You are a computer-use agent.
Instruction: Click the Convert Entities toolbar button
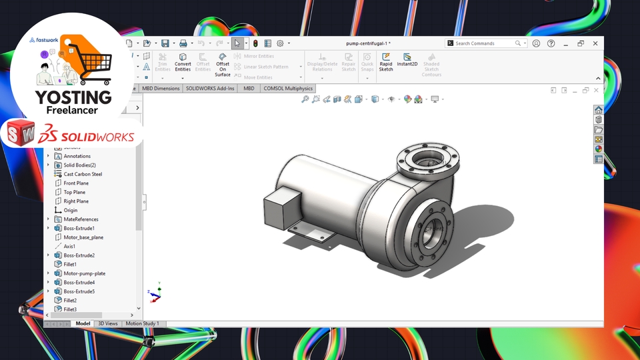point(183,62)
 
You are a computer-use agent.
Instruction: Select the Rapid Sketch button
point(386,62)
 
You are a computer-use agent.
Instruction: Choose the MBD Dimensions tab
point(161,88)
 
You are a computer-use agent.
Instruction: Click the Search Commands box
point(484,43)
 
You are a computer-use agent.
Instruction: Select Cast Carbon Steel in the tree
point(83,174)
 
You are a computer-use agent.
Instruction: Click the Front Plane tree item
point(76,183)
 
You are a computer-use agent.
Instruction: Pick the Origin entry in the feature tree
point(71,210)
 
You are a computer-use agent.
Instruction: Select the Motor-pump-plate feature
point(84,273)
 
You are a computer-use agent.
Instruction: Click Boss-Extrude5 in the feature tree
point(79,291)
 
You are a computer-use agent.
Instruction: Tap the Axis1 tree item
point(69,246)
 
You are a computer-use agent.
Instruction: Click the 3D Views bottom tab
point(108,323)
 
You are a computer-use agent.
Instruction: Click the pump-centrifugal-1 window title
point(368,43)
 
